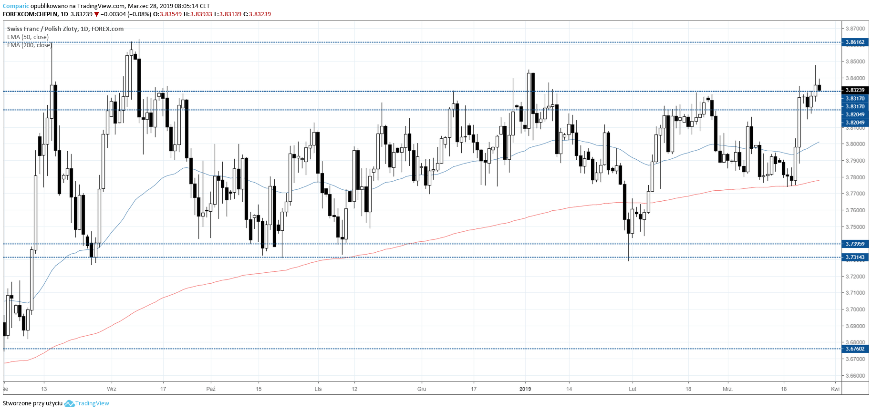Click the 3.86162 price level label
pyautogui.click(x=855, y=42)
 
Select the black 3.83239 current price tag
pyautogui.click(x=855, y=90)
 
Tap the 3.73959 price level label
pyautogui.click(x=855, y=244)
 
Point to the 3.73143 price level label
pyautogui.click(x=855, y=257)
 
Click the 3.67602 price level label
pyautogui.click(x=855, y=349)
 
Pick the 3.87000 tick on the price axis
pyautogui.click(x=855, y=29)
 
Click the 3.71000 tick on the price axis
pyautogui.click(x=855, y=293)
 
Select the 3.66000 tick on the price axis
pyautogui.click(x=855, y=376)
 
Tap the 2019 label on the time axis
pyautogui.click(x=525, y=389)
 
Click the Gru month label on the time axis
pyautogui.click(x=422, y=389)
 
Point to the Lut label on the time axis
pyautogui.click(x=633, y=389)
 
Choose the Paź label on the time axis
pyautogui.click(x=211, y=389)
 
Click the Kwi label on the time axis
pyautogui.click(x=835, y=389)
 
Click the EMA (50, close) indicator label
pyautogui.click(x=28, y=37)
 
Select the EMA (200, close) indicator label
pyautogui.click(x=29, y=45)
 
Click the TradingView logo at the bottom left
pyautogui.click(x=87, y=403)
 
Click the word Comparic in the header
pyautogui.click(x=16, y=6)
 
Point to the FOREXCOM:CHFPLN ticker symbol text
pyautogui.click(x=30, y=14)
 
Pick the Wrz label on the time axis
pyautogui.click(x=112, y=389)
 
